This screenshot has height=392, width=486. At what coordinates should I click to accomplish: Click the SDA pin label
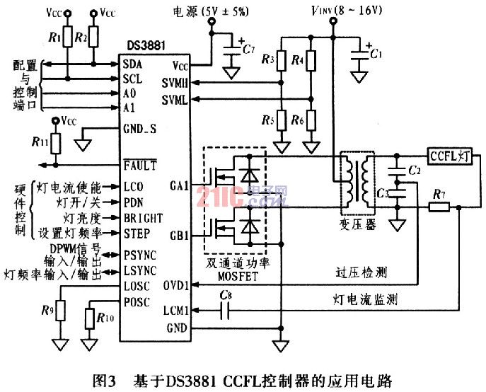132,64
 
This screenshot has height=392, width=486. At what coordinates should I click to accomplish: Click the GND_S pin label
139,128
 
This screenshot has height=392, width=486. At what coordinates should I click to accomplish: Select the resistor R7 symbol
439,207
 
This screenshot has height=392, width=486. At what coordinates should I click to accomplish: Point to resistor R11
56,143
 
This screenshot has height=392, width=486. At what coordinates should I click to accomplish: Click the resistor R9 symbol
60,309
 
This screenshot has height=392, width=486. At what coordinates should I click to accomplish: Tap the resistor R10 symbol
90,320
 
